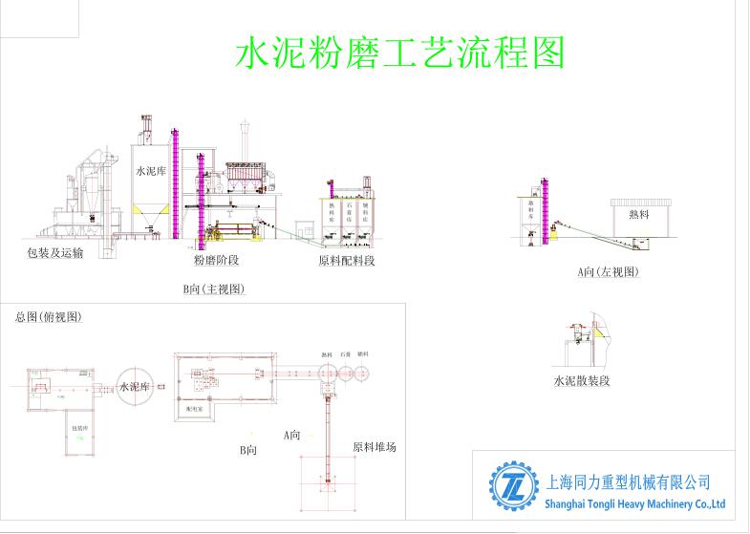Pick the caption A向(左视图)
click(x=608, y=272)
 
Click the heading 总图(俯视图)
click(x=49, y=317)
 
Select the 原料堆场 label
click(x=375, y=446)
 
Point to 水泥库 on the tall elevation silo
click(x=151, y=173)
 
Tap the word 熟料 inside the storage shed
click(x=638, y=215)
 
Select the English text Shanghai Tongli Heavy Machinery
click(x=635, y=504)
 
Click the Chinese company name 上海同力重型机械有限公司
click(x=626, y=482)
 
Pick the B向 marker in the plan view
click(x=247, y=449)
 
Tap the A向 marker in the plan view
click(x=292, y=435)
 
